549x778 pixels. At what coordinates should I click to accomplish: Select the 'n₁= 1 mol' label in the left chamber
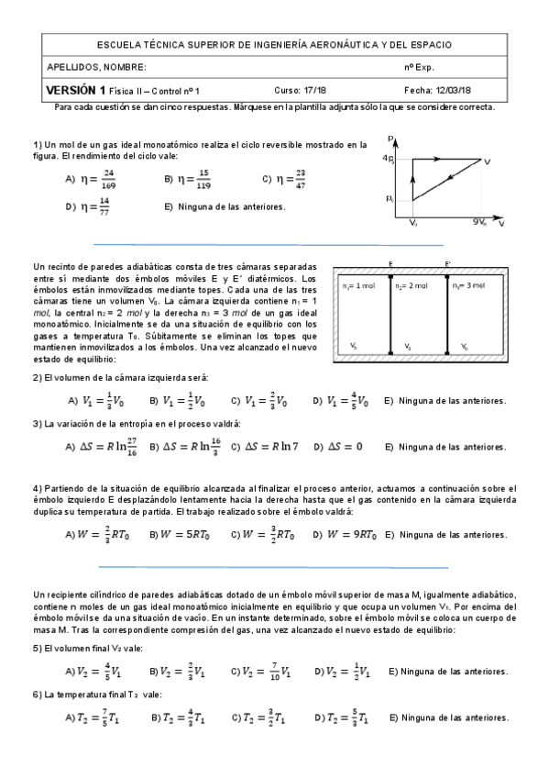(x=357, y=286)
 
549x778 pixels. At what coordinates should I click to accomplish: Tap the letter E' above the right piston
(x=448, y=265)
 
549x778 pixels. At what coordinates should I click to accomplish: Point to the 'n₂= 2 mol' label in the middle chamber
(x=411, y=286)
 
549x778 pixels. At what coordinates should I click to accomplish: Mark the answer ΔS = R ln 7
(x=270, y=447)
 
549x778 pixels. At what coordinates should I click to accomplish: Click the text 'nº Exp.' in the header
(x=421, y=68)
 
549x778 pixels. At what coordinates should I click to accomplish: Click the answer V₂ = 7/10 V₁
(x=269, y=672)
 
